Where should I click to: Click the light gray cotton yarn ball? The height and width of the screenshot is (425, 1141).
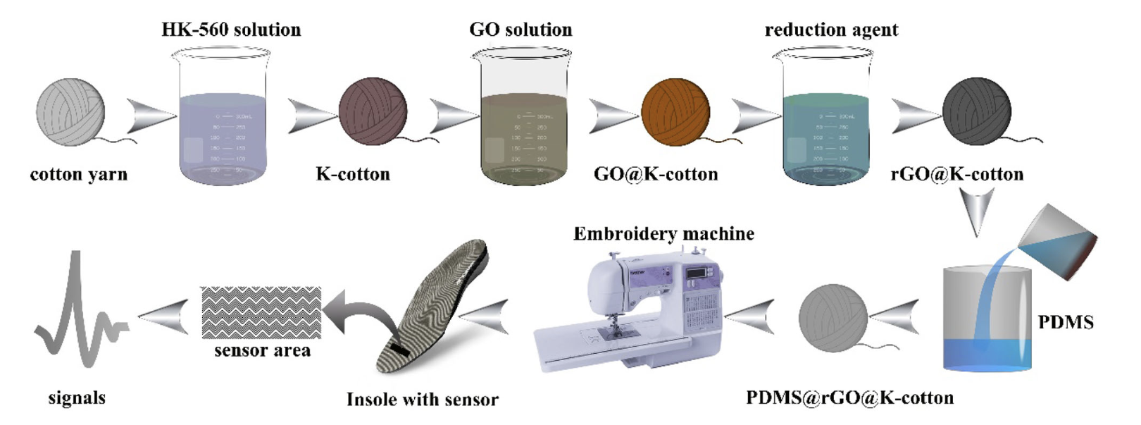pos(70,112)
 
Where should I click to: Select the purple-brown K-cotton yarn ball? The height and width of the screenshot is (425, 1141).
pos(373,112)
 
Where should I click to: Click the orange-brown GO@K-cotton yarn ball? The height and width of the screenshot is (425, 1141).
pos(675,112)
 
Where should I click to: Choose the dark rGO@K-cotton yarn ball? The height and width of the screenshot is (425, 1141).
pos(976,112)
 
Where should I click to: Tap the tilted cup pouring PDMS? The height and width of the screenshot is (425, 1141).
pos(1056,240)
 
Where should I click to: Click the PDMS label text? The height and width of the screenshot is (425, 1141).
pos(1066,323)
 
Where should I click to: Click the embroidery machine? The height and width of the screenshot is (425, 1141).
pos(634,310)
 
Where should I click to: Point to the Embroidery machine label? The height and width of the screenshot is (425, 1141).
pos(663,234)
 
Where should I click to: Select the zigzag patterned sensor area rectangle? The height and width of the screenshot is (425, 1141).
pos(261,312)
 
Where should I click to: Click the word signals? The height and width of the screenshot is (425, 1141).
pos(77,398)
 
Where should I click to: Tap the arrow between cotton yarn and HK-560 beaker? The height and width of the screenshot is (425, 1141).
pos(150,115)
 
